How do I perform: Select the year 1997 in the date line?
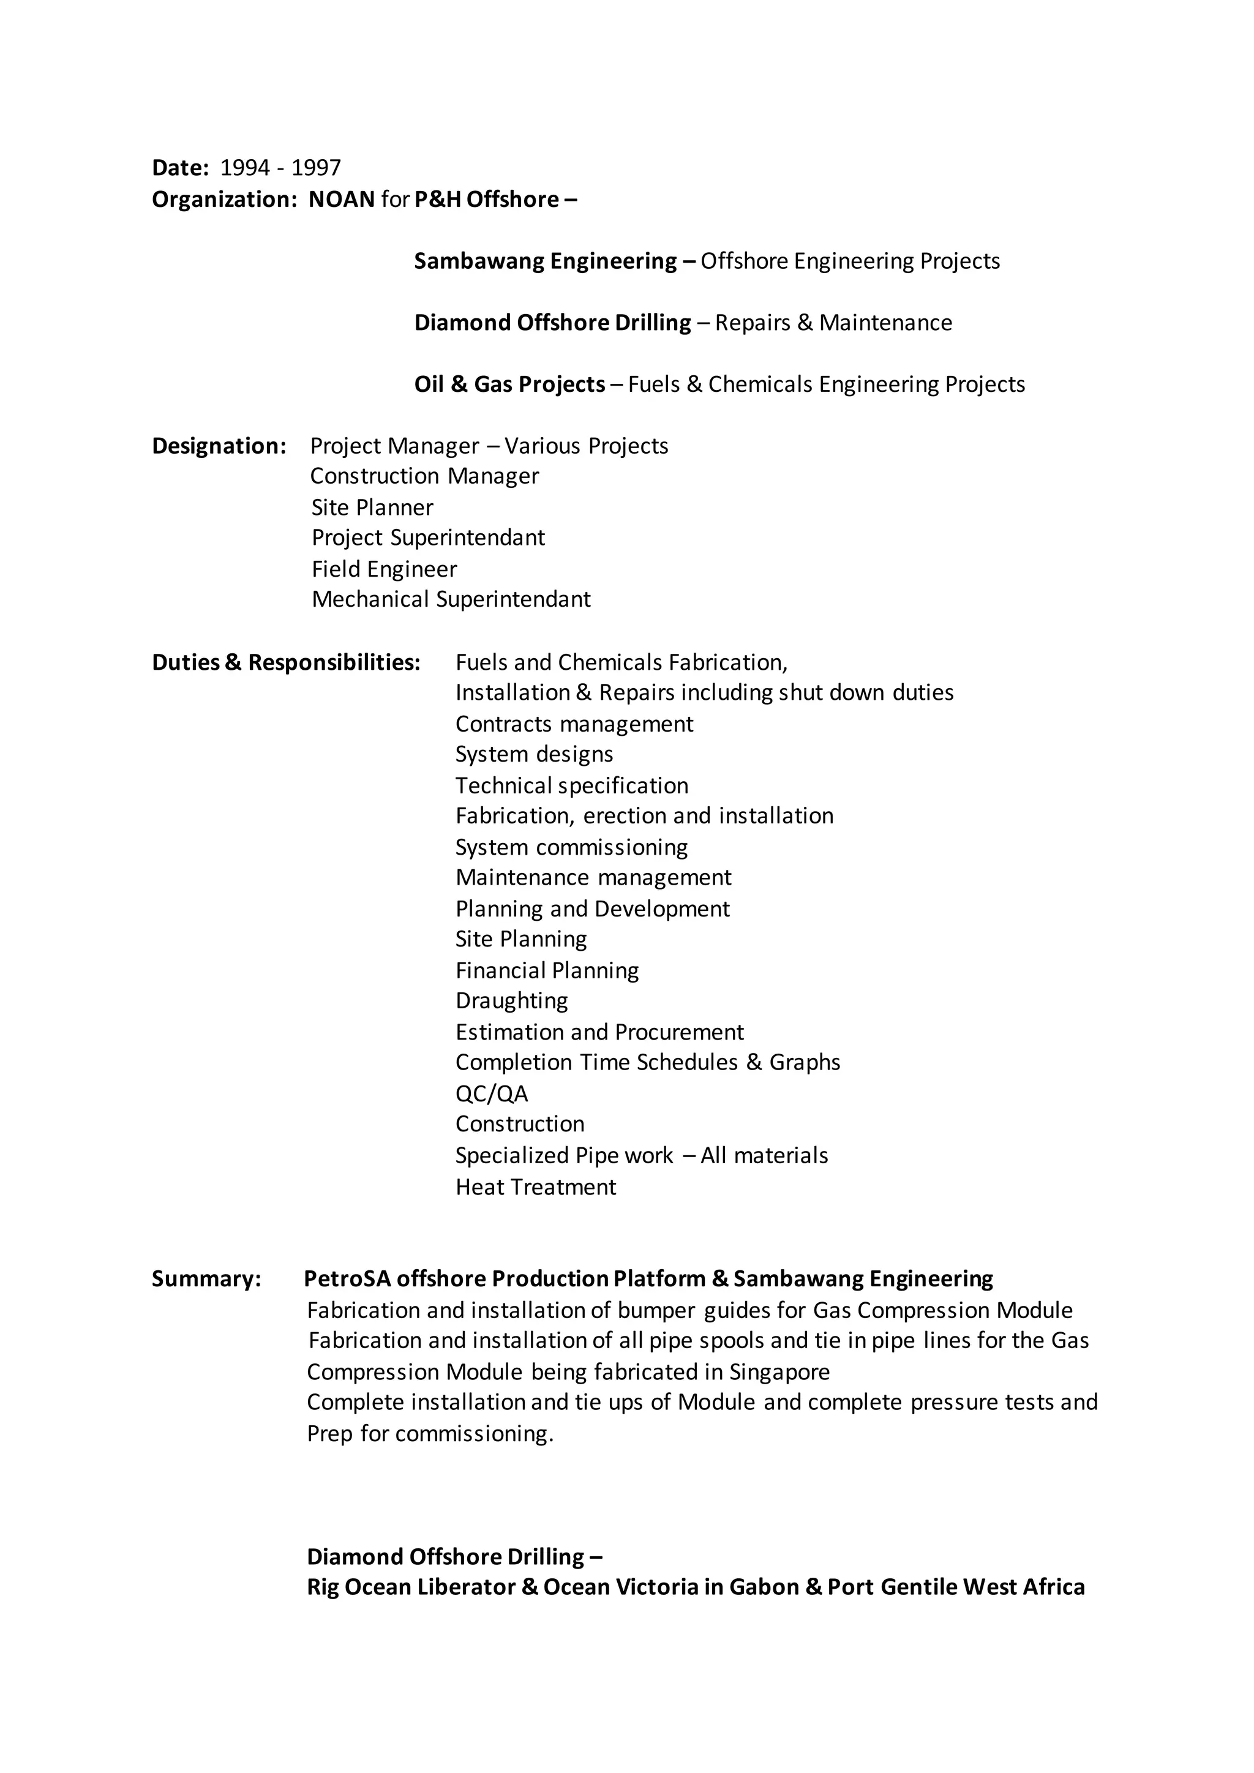(x=316, y=168)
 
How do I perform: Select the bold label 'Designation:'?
(x=219, y=446)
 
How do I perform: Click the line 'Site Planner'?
(x=372, y=508)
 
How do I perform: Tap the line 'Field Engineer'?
(x=384, y=569)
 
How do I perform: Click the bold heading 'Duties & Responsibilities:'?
(x=286, y=662)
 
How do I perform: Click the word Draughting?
(x=511, y=1001)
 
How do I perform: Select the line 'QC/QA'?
(x=491, y=1093)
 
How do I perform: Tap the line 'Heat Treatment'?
(x=535, y=1187)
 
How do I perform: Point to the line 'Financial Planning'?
(x=547, y=970)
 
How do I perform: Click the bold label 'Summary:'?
(x=207, y=1279)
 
